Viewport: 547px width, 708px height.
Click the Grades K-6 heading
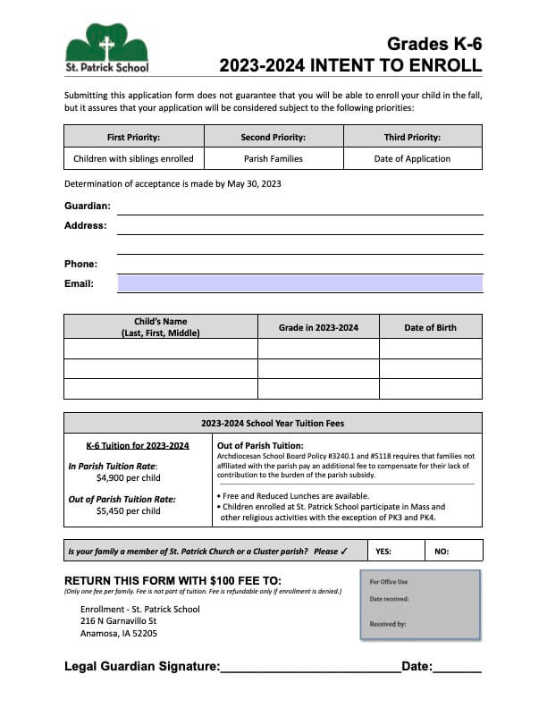click(434, 44)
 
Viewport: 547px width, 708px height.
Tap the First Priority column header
click(133, 137)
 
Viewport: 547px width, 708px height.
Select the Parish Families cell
click(273, 159)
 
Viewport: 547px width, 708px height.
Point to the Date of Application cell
click(412, 159)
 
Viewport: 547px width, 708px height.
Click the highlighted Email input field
click(300, 283)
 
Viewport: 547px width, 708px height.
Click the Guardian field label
click(88, 206)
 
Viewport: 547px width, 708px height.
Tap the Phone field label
click(80, 264)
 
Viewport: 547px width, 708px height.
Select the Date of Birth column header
click(430, 327)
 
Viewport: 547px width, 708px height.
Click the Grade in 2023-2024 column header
click(318, 327)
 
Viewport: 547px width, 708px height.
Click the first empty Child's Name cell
click(161, 349)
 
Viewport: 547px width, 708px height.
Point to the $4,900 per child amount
click(128, 477)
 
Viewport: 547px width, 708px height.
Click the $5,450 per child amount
click(128, 511)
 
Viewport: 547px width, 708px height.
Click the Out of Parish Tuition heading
click(260, 445)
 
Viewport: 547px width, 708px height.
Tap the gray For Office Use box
click(420, 604)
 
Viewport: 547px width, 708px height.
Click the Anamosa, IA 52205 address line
click(119, 634)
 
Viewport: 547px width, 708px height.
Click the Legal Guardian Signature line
click(309, 667)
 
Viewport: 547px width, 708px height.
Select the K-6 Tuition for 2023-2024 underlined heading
click(138, 445)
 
